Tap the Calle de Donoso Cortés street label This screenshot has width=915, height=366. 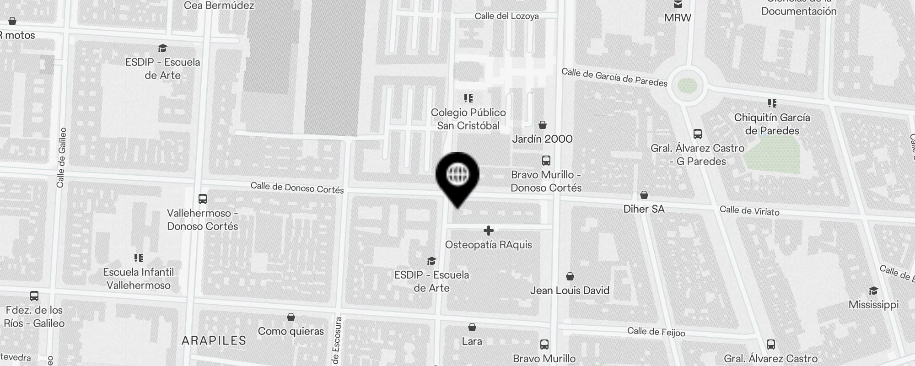(297, 188)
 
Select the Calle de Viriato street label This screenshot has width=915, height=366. (749, 210)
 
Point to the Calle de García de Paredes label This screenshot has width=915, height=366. (614, 77)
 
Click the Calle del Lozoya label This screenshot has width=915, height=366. (506, 16)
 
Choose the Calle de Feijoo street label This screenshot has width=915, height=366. (656, 332)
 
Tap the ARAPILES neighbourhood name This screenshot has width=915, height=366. (214, 340)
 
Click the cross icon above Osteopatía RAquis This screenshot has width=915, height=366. (489, 231)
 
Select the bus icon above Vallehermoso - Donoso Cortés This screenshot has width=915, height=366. (202, 199)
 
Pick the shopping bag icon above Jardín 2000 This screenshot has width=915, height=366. (543, 125)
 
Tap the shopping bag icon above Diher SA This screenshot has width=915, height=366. (644, 195)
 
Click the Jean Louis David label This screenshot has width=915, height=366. (570, 290)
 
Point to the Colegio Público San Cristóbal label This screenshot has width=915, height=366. (468, 119)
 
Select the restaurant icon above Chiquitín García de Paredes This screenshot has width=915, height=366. (772, 103)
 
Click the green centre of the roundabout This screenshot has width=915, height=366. (687, 86)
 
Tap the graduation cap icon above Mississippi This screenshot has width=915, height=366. (873, 291)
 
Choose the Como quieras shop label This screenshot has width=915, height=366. (291, 331)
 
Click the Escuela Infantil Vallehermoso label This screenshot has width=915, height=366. (138, 279)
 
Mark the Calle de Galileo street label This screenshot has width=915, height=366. (61, 157)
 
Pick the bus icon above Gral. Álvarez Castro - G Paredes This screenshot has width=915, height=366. (697, 134)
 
